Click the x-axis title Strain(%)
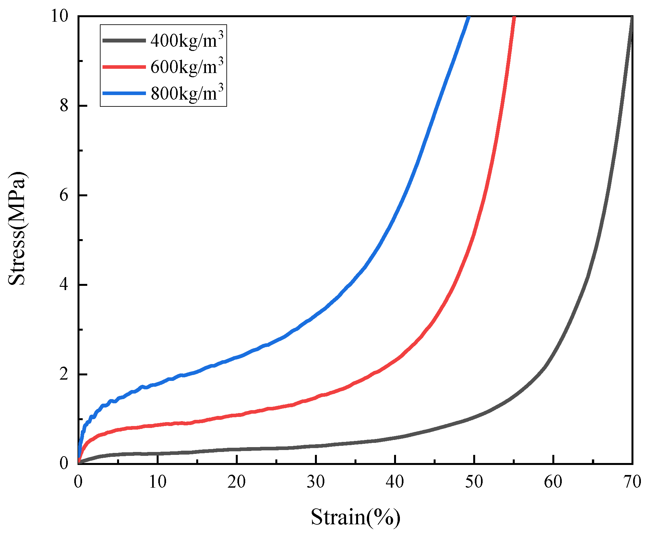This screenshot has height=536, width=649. (x=355, y=517)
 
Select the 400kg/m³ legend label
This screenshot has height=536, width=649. (x=187, y=40)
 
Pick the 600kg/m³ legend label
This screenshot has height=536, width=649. (x=187, y=67)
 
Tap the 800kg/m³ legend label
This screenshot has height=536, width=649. (x=187, y=93)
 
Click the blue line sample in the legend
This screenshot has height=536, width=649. (x=124, y=93)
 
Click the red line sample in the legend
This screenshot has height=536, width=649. (x=124, y=67)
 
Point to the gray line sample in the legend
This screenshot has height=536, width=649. (x=124, y=40)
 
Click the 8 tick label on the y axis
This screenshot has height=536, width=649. (x=64, y=105)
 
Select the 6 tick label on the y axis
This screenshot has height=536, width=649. (x=64, y=195)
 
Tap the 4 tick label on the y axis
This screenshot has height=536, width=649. (x=64, y=285)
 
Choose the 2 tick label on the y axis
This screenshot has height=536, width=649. (x=64, y=374)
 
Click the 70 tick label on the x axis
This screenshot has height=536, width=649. (x=632, y=482)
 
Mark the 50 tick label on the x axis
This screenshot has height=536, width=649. (x=474, y=482)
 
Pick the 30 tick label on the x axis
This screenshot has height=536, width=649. (x=316, y=482)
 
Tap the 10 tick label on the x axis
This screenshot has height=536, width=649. (x=158, y=482)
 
